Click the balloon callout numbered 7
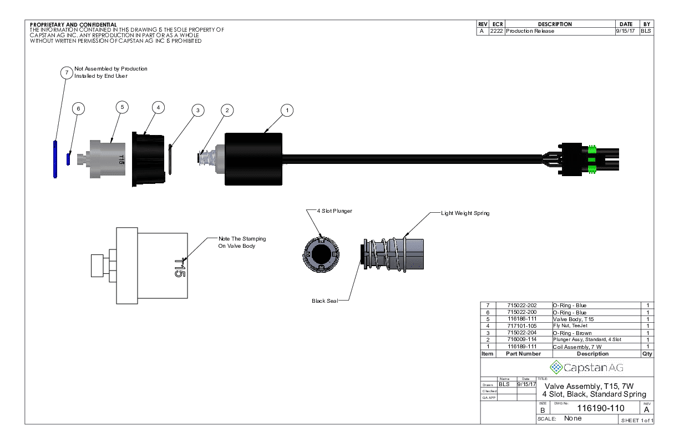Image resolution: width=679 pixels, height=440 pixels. [x=66, y=73]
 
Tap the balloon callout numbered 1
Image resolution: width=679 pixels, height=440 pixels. [x=287, y=110]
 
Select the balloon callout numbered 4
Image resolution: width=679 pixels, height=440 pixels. [x=159, y=107]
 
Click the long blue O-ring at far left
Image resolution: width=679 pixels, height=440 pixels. [x=55, y=159]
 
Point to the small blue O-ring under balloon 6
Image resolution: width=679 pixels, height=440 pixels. [x=68, y=159]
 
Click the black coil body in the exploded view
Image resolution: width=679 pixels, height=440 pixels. [x=254, y=159]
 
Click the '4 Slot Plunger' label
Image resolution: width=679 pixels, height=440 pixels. [x=335, y=211]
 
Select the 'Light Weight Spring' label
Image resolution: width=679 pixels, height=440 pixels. [x=465, y=213]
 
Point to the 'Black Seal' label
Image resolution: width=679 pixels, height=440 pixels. [x=325, y=301]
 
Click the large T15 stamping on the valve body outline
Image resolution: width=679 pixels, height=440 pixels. [x=179, y=267]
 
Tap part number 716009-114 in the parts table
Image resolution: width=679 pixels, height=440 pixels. [x=521, y=339]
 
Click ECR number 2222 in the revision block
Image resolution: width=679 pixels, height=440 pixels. [x=496, y=31]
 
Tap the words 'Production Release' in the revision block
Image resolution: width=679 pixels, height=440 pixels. [x=530, y=31]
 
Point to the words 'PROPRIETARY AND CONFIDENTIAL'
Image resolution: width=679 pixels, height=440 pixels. [x=73, y=25]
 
